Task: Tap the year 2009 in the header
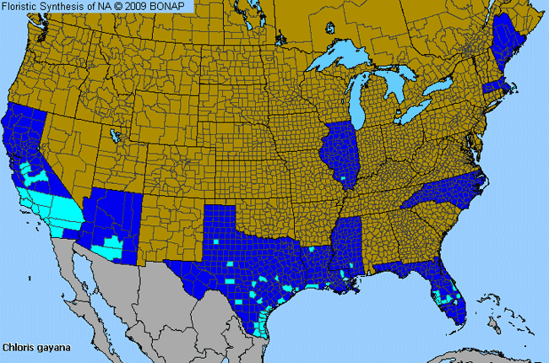click(x=139, y=7)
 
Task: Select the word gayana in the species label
click(x=51, y=347)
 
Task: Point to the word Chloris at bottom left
click(x=18, y=347)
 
